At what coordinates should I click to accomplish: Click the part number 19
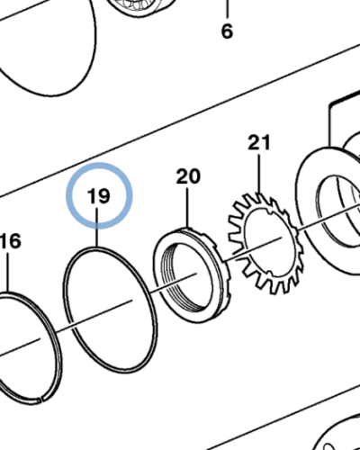(x=99, y=196)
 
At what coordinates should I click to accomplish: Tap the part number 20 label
(x=188, y=176)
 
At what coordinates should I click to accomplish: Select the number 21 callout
(x=259, y=142)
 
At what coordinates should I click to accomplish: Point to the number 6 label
(x=227, y=31)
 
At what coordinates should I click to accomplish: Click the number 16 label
(x=11, y=241)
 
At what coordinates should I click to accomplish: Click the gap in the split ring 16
(x=41, y=400)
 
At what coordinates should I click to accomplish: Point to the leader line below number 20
(x=188, y=208)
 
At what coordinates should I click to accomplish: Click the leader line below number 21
(x=259, y=173)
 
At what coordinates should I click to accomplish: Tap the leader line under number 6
(x=227, y=9)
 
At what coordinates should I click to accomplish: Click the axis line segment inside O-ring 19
(x=103, y=314)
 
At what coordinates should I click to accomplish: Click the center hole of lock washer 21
(x=268, y=240)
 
